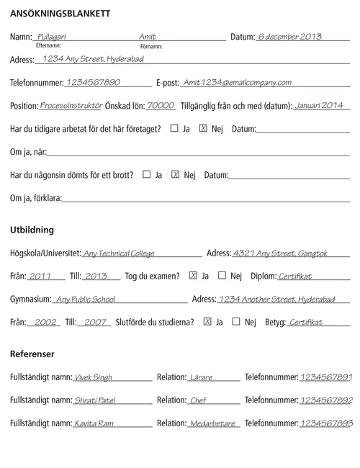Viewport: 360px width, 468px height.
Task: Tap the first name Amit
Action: click(147, 36)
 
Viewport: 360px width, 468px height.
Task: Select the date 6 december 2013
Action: click(289, 36)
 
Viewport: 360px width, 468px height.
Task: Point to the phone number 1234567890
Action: click(92, 82)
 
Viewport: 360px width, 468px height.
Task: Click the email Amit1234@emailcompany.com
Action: click(237, 82)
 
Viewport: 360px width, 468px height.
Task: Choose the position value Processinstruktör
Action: click(71, 104)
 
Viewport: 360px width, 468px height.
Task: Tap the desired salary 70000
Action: click(161, 104)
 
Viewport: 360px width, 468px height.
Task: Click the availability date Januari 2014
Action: click(319, 104)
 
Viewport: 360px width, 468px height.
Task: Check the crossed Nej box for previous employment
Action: click(203, 128)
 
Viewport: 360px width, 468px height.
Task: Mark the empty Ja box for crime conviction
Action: click(147, 174)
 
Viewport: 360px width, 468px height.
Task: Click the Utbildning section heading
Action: click(32, 230)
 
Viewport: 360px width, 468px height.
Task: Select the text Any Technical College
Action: click(119, 253)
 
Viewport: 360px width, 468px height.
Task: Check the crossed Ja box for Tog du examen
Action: click(193, 275)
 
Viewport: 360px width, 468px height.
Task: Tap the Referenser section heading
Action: click(32, 354)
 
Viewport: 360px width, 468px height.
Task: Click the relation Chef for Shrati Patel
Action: click(198, 400)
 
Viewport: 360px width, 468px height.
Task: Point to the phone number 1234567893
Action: click(326, 423)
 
